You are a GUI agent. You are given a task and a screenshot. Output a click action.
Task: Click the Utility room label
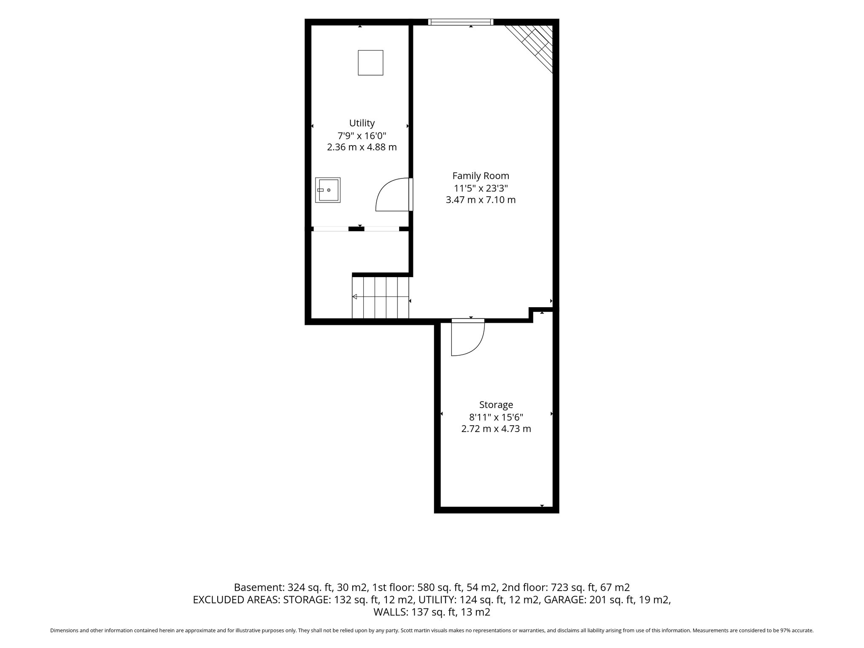[362, 123]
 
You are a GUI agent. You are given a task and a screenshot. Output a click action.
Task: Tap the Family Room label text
[481, 175]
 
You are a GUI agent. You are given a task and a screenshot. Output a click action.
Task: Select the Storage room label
[496, 405]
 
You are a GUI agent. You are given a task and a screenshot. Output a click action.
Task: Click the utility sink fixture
[328, 190]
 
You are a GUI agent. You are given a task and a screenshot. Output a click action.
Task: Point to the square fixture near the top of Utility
[370, 63]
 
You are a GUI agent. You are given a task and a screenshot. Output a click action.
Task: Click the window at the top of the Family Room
[461, 22]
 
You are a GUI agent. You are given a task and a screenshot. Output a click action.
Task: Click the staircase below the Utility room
[381, 297]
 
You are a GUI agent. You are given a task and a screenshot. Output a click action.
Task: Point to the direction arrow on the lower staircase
[381, 297]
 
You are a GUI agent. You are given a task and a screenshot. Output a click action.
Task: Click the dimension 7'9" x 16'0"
[362, 136]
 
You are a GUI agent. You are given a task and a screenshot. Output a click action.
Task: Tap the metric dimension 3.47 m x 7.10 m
[481, 200]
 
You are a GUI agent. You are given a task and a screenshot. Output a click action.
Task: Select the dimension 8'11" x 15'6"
[496, 417]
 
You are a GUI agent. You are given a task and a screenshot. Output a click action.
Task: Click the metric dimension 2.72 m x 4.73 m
[496, 429]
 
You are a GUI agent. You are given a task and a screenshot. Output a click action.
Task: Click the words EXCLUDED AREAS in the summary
[236, 600]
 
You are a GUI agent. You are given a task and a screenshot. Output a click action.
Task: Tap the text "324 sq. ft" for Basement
[310, 588]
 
